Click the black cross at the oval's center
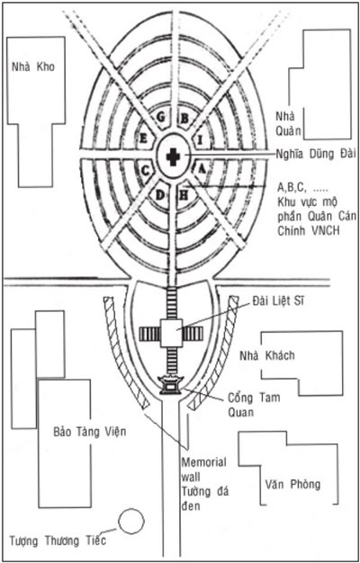click(x=173, y=156)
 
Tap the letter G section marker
click(x=161, y=117)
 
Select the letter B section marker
click(x=184, y=118)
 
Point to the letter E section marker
click(x=143, y=139)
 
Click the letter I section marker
click(x=200, y=140)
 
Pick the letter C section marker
click(x=145, y=171)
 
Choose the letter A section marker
click(x=202, y=169)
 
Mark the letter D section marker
click(x=160, y=195)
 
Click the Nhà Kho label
click(x=33, y=67)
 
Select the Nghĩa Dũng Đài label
click(x=316, y=153)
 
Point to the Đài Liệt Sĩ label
click(x=278, y=300)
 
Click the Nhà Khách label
click(x=267, y=355)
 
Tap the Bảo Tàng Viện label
click(x=90, y=431)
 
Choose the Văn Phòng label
click(x=292, y=485)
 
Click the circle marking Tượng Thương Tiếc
click(x=131, y=521)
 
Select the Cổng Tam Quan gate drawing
click(x=171, y=385)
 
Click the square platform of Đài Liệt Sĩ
click(x=171, y=333)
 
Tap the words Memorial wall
click(x=203, y=469)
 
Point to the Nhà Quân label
click(x=288, y=123)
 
